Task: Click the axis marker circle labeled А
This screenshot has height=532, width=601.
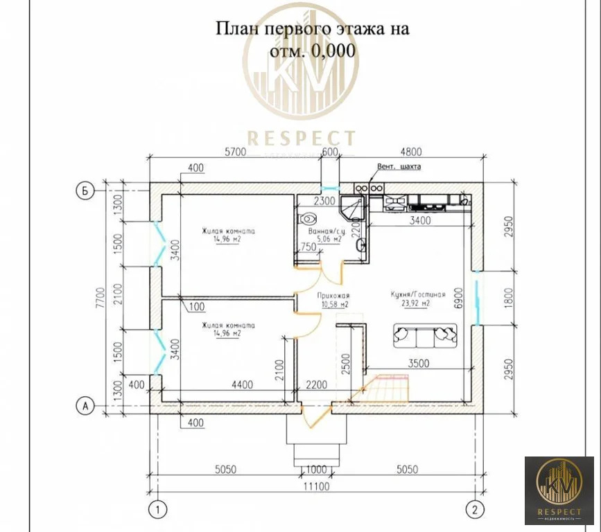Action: (x=84, y=407)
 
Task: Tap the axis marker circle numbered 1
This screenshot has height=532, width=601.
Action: (x=159, y=511)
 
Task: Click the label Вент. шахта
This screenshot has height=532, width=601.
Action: (x=399, y=167)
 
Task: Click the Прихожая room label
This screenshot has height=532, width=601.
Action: (x=334, y=299)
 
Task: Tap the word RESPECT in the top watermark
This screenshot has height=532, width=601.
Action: (x=301, y=139)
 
